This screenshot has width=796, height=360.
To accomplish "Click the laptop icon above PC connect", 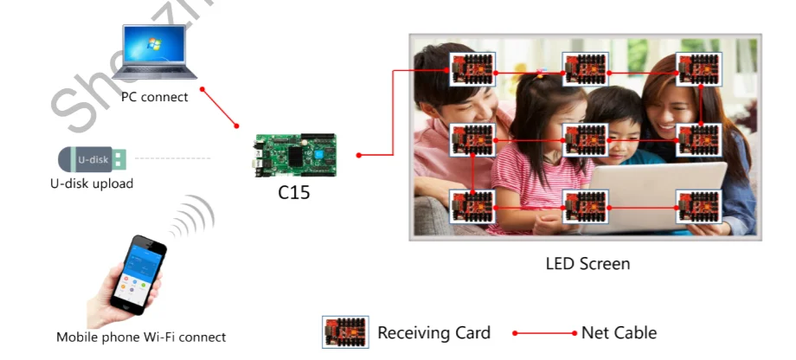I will (156, 54).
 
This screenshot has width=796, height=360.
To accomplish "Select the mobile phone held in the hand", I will (136, 273).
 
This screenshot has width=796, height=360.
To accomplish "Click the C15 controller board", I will (294, 155).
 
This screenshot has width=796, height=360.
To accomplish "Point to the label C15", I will (293, 193).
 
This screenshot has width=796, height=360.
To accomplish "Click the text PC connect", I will (154, 97).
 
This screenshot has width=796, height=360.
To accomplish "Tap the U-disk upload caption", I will (92, 183).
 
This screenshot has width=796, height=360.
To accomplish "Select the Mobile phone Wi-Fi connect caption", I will (140, 337).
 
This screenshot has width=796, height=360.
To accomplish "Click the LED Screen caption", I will (587, 263).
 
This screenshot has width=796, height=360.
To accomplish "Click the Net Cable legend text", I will (619, 332).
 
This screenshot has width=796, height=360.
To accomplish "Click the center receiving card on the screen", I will (586, 139).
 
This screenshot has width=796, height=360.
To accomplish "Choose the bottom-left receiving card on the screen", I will (472, 207).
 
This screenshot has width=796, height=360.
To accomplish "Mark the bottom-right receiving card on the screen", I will (699, 207).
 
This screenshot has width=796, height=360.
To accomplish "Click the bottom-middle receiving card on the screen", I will (586, 207).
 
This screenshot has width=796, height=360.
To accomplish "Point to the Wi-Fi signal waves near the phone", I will (192, 218).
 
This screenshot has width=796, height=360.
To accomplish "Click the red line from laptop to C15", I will (220, 108).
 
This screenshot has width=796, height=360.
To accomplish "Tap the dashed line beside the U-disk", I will (173, 158).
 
